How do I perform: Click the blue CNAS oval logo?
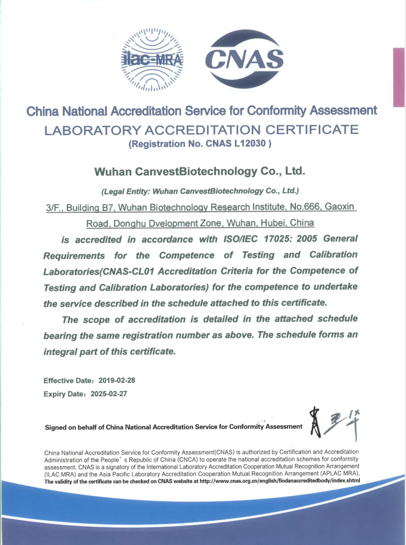[x=245, y=59]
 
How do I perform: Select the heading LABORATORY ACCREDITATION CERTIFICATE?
[x=202, y=129]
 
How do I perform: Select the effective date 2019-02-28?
[x=117, y=381]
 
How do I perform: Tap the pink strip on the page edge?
[x=399, y=77]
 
